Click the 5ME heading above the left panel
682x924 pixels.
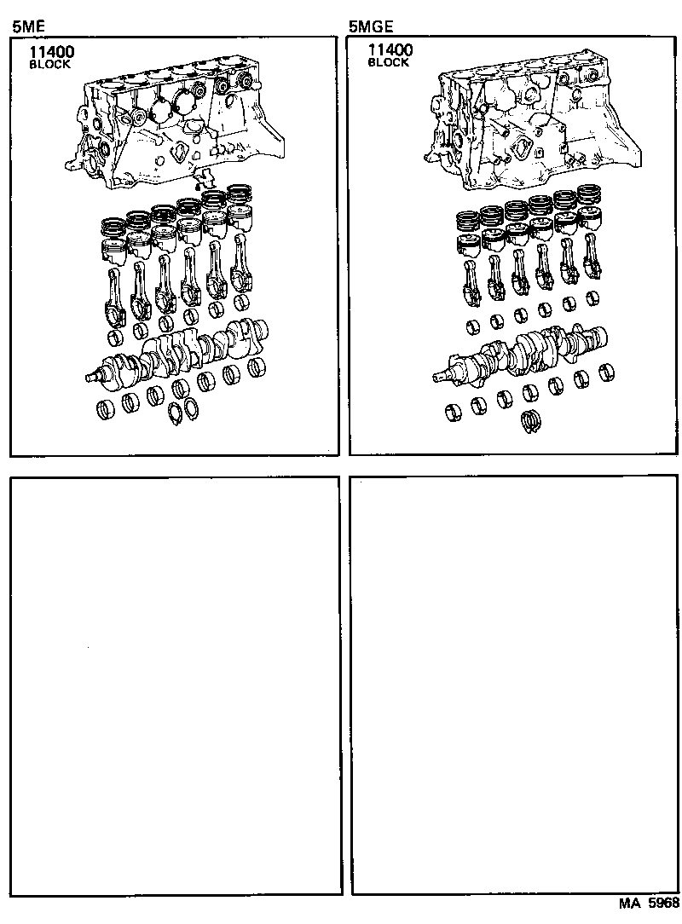click(27, 26)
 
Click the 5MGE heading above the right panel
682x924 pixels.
click(371, 26)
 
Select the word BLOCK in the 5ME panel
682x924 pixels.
click(50, 64)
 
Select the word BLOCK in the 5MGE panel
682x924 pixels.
click(389, 63)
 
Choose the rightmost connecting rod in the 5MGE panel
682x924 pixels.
click(591, 260)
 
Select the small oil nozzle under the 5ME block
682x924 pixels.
click(202, 181)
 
